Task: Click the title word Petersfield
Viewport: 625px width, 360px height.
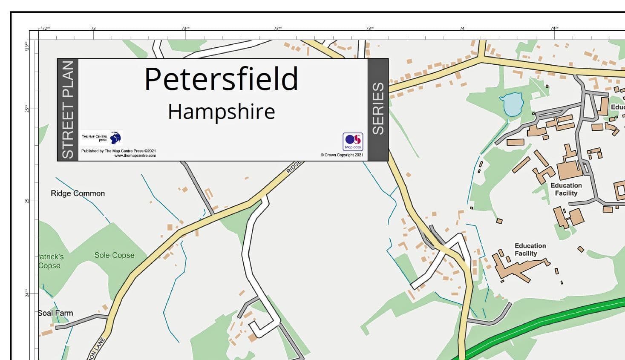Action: click(221, 79)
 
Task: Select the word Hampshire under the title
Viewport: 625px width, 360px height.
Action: click(221, 112)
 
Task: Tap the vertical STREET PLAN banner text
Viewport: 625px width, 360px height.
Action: click(68, 109)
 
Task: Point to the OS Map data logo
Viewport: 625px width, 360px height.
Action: click(353, 141)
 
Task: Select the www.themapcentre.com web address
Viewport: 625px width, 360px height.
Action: click(135, 156)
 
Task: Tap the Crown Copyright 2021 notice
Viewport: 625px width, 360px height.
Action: click(342, 155)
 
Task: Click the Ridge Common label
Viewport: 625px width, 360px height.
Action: click(78, 193)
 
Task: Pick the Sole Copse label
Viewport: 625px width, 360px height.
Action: click(114, 255)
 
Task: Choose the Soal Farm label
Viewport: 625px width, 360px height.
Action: click(55, 313)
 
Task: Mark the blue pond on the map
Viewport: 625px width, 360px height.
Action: click(512, 104)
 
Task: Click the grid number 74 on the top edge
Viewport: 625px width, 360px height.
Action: click(462, 28)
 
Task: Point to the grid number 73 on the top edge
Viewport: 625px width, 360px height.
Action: click(93, 28)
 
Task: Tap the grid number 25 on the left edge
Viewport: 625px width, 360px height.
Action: click(27, 201)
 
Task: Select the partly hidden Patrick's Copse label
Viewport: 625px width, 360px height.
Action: click(50, 261)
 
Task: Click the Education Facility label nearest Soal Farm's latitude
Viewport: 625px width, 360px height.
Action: click(530, 250)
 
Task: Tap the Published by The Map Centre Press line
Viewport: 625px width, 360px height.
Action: click(118, 151)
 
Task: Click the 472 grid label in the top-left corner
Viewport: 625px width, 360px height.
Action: click(45, 28)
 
